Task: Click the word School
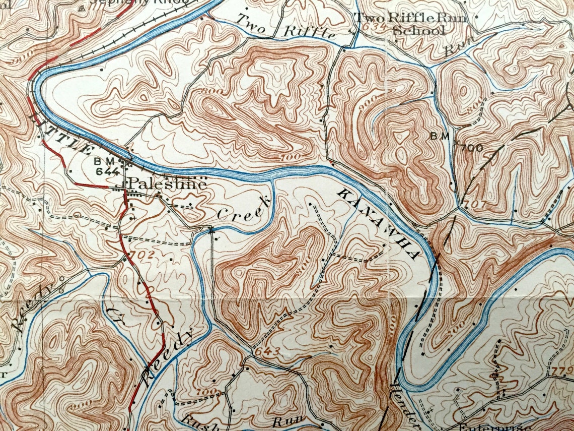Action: point(418,30)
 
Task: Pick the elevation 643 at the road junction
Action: point(263,350)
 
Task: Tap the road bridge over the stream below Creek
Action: point(210,230)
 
